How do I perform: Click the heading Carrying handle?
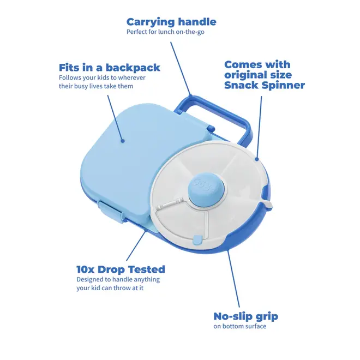171,22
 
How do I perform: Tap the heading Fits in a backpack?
109,68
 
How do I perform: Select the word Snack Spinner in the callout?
265,86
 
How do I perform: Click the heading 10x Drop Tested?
121,269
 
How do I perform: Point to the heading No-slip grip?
245,316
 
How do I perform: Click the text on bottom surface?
240,327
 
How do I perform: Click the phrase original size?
258,75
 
